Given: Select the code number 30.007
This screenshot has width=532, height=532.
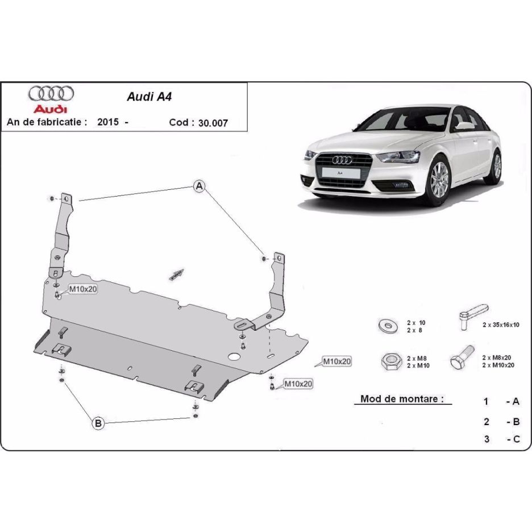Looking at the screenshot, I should [x=213, y=122].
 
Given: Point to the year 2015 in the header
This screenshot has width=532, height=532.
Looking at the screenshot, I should [x=107, y=122].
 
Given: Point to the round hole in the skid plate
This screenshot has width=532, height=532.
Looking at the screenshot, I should [x=233, y=357].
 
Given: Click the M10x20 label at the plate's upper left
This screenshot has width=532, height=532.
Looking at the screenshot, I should [x=83, y=289].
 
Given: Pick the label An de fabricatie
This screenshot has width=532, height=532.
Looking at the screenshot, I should [x=47, y=122].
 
